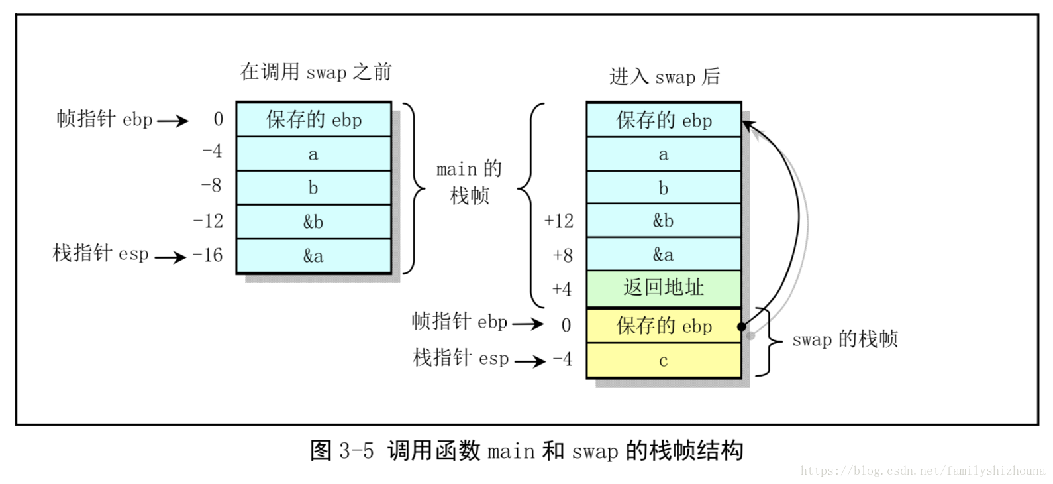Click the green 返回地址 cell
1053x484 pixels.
[664, 288]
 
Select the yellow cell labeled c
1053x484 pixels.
[664, 361]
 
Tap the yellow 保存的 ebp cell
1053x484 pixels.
[664, 326]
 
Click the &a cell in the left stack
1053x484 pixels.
[313, 256]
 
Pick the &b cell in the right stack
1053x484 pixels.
[664, 221]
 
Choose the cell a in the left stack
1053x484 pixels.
[313, 154]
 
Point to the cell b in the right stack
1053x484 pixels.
[664, 188]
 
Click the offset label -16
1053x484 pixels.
[207, 255]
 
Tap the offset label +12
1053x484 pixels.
[558, 221]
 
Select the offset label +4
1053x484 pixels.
[562, 289]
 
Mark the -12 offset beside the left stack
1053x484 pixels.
[208, 221]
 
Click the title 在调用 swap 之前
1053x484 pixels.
[316, 72]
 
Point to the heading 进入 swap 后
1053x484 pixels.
[664, 77]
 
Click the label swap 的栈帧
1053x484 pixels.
[845, 339]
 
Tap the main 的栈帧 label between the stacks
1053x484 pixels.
[469, 182]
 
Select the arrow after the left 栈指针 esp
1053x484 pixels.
[171, 257]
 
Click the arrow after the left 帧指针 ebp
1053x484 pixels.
[173, 121]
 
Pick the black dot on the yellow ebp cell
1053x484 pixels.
[742, 326]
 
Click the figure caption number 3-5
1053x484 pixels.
[356, 452]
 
